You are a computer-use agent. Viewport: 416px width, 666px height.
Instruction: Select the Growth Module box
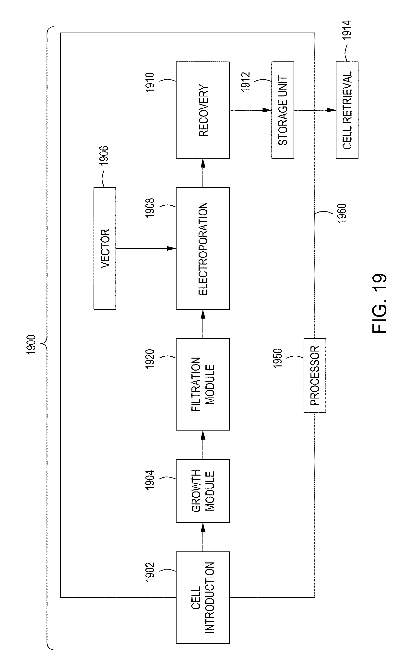(203, 491)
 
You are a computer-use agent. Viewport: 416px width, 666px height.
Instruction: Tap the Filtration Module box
(203, 384)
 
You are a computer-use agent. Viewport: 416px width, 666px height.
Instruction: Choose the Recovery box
(203, 110)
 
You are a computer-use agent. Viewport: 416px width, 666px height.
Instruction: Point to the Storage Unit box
(283, 110)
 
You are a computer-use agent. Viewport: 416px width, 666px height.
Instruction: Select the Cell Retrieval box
(347, 110)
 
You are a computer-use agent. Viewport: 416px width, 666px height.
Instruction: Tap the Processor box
(315, 375)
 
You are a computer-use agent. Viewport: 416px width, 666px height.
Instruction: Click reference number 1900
(31, 345)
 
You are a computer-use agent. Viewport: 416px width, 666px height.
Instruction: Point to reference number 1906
(104, 155)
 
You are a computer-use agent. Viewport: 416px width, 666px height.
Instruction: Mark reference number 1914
(347, 30)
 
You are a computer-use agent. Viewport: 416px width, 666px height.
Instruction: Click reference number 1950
(278, 358)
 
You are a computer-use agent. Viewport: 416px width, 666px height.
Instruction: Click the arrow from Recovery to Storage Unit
(250, 110)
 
